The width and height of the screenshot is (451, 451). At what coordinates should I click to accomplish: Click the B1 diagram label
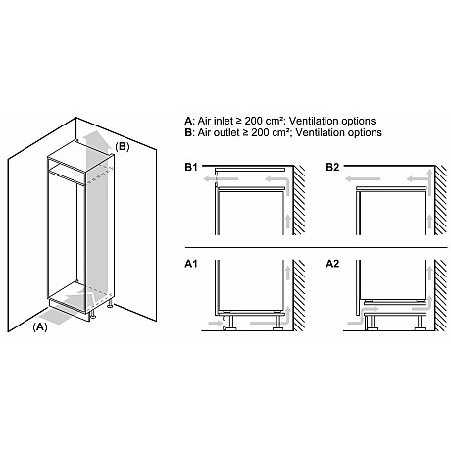coord(191,169)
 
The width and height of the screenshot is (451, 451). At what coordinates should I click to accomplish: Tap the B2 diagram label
coord(336,169)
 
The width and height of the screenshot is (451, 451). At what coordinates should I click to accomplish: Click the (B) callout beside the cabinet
coord(122,147)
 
